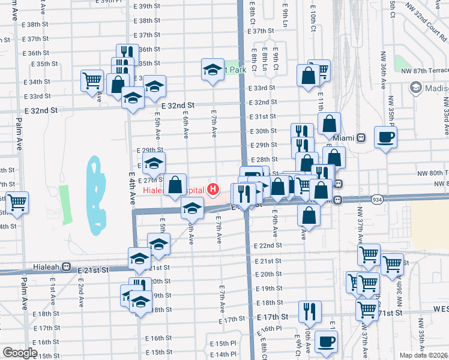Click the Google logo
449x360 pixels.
(20, 353)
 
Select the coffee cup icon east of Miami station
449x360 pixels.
(385, 137)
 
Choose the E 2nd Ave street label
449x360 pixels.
(80, 292)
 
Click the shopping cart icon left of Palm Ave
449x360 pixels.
(17, 203)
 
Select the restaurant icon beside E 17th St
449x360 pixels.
(310, 311)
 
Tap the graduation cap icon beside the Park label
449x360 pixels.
(212, 70)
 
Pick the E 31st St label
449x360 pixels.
(262, 116)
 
